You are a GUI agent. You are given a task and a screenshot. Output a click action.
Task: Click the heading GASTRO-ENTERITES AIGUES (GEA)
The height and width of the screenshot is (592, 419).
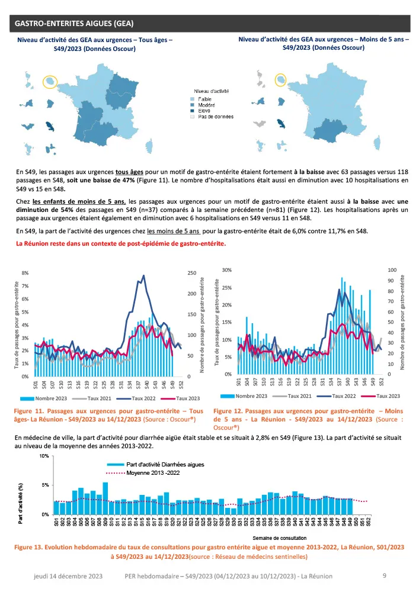(x=73, y=24)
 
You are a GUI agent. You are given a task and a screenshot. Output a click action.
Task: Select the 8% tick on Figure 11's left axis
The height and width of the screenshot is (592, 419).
(x=25, y=273)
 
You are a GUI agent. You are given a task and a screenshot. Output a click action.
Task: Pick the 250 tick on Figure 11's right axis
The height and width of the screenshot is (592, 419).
(x=191, y=273)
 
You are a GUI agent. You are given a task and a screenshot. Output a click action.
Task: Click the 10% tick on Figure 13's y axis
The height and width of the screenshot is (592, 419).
(x=44, y=456)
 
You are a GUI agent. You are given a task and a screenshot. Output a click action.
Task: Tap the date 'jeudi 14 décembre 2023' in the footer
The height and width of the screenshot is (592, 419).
(x=68, y=575)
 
